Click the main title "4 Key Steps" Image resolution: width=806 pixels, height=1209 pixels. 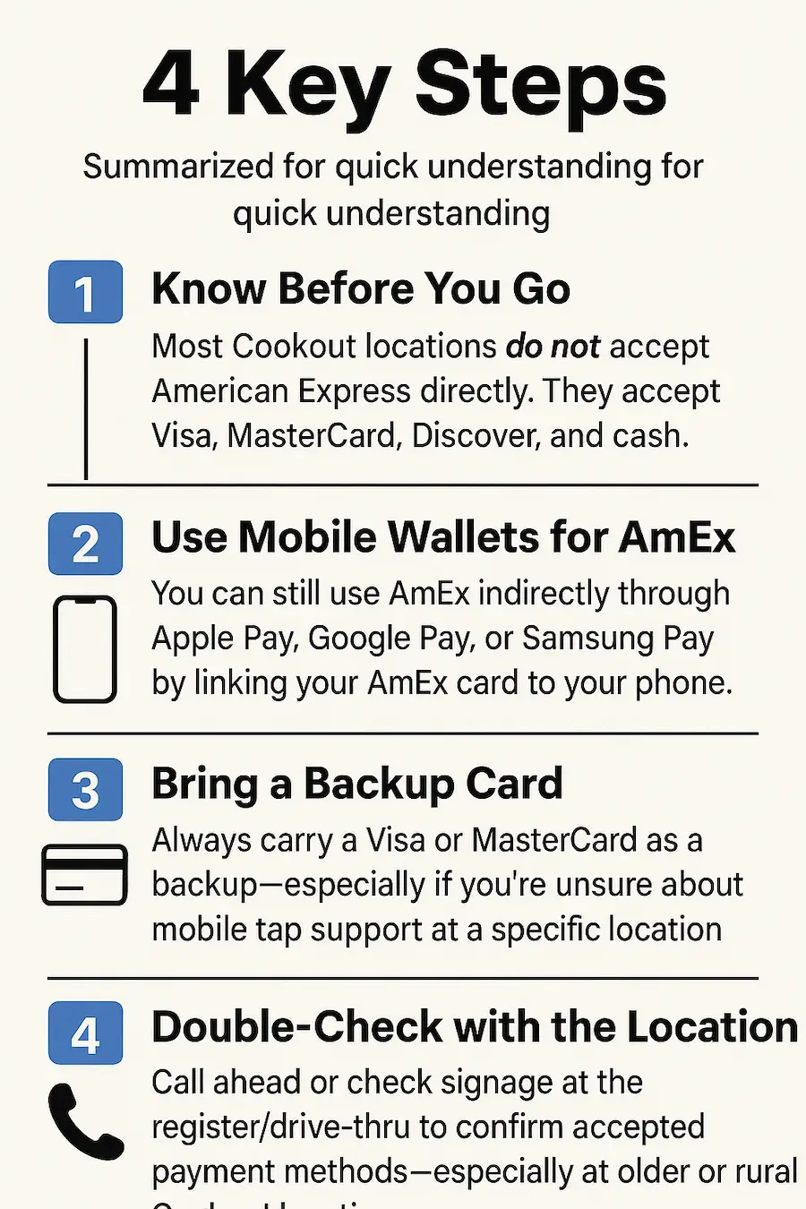[405, 86]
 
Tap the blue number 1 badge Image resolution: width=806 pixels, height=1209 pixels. [85, 292]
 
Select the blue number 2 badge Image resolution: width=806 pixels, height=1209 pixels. [85, 544]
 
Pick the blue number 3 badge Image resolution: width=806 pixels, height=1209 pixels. [85, 790]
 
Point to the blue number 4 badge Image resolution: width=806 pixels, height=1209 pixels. [85, 1033]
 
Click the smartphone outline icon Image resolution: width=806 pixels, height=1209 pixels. [85, 649]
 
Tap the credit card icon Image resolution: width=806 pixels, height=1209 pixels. [85, 875]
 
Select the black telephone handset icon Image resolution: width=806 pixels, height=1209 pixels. [85, 1121]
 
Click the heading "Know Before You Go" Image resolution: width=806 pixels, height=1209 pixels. [361, 289]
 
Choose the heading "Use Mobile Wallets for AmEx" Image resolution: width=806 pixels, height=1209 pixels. [443, 538]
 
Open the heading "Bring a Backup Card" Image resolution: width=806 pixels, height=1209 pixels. [357, 784]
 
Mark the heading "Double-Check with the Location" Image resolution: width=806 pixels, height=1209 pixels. [475, 1027]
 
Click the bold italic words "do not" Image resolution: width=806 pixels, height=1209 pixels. [553, 347]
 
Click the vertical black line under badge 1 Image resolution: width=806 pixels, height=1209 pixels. [86, 408]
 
